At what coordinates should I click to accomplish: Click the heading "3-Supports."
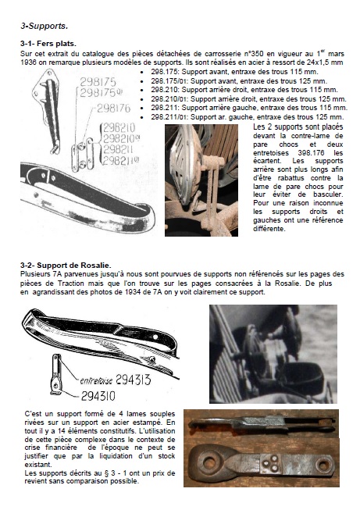pyautogui.click(x=45, y=26)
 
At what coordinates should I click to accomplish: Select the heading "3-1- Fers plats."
pyautogui.click(x=48, y=44)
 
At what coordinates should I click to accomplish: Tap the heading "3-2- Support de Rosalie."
pyautogui.click(x=66, y=266)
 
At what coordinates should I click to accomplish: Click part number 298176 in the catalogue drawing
pyautogui.click(x=113, y=109)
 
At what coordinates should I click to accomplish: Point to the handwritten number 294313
pyautogui.click(x=134, y=380)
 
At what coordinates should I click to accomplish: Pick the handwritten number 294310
pyautogui.click(x=98, y=396)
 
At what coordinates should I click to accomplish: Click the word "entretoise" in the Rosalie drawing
pyautogui.click(x=96, y=380)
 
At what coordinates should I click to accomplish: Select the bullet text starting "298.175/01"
pyautogui.click(x=239, y=81)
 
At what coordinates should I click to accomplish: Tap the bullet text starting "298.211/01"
pyautogui.click(x=247, y=117)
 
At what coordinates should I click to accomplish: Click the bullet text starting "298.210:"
pyautogui.click(x=244, y=90)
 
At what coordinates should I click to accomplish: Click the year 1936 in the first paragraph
pyautogui.click(x=28, y=62)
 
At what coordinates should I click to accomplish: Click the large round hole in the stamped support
pyautogui.click(x=209, y=463)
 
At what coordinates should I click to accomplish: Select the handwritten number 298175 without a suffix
pyautogui.click(x=98, y=82)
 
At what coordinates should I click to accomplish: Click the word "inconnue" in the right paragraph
pyautogui.click(x=328, y=203)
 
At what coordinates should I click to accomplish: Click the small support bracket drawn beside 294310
pyautogui.click(x=56, y=374)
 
